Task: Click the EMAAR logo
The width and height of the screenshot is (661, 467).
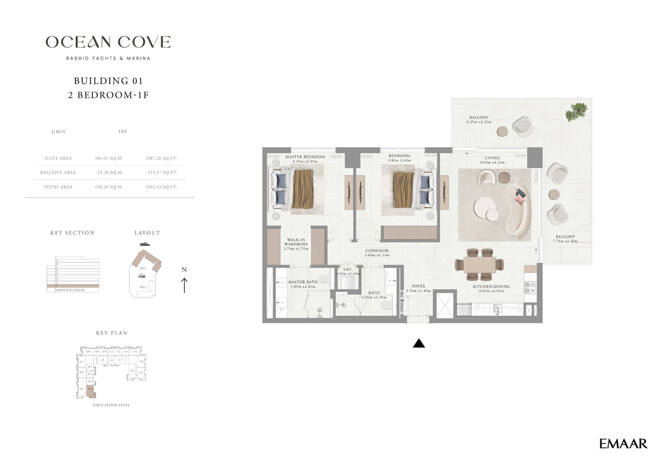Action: click(623, 444)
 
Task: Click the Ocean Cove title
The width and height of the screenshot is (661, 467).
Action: click(108, 42)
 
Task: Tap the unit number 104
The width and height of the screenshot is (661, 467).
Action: click(122, 132)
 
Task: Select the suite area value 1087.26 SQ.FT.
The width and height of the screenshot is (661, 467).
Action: click(161, 158)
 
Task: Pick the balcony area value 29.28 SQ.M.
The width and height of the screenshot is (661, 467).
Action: click(109, 172)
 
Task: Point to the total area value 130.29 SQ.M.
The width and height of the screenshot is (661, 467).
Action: click(109, 187)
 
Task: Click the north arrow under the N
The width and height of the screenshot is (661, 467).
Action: click(184, 285)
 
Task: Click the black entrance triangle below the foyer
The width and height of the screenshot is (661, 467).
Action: click(419, 344)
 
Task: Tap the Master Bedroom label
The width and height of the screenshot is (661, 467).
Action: click(305, 157)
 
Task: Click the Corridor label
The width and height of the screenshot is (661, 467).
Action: click(377, 251)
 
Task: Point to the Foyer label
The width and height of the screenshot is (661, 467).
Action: click(418, 286)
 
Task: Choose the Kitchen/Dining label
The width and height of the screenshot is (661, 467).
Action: click(491, 287)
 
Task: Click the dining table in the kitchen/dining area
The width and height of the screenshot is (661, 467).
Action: click(479, 265)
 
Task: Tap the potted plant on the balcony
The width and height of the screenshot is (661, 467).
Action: click(577, 112)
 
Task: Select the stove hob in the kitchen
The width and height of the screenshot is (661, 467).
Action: click(530, 287)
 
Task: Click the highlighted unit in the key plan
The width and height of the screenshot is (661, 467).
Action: click(91, 390)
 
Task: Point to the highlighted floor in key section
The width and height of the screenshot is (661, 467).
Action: click(72, 286)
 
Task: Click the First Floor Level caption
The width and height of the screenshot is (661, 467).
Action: click(111, 405)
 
